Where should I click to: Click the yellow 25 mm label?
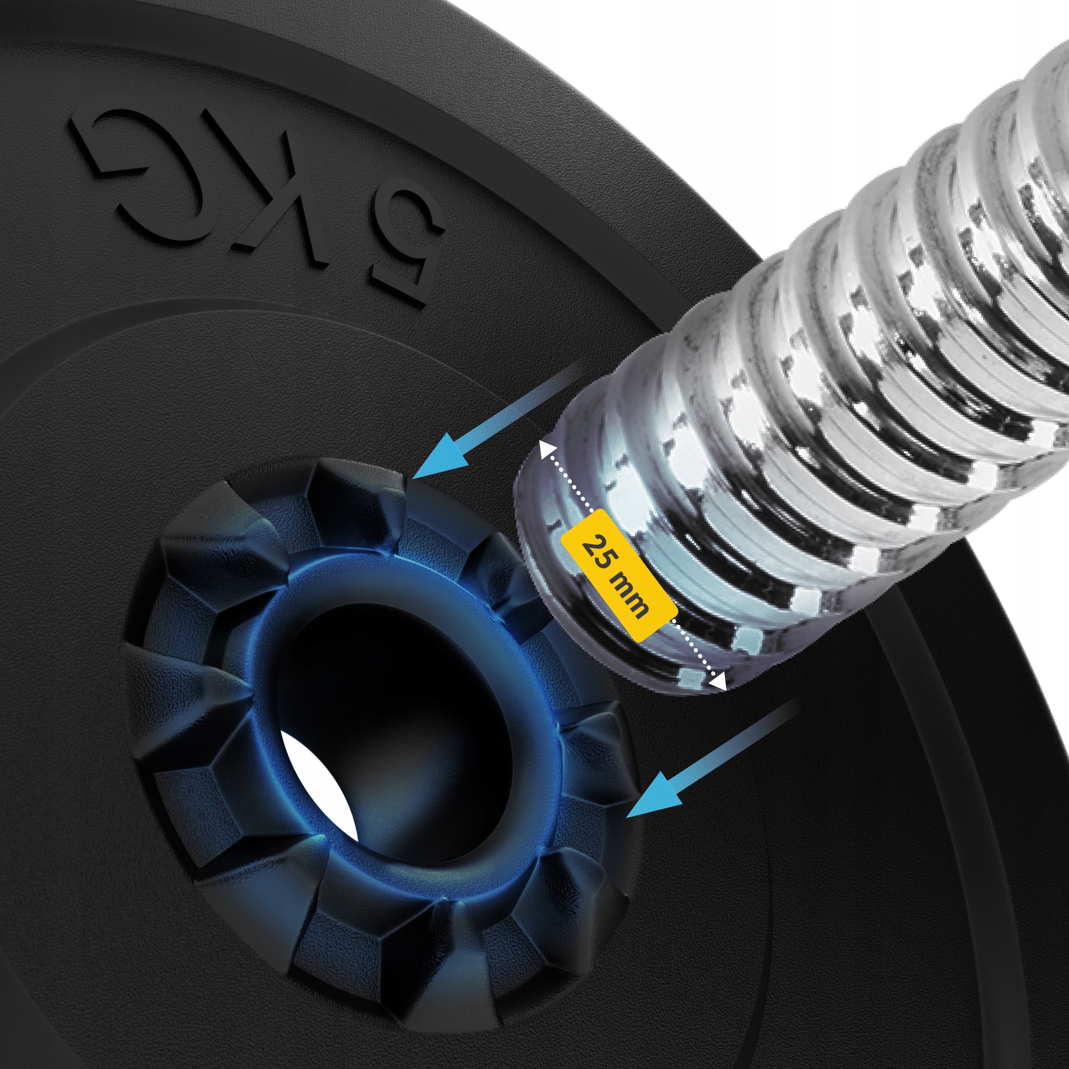(x=619, y=576)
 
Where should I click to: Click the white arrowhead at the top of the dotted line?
(x=547, y=450)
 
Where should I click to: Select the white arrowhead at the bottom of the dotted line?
(x=718, y=681)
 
